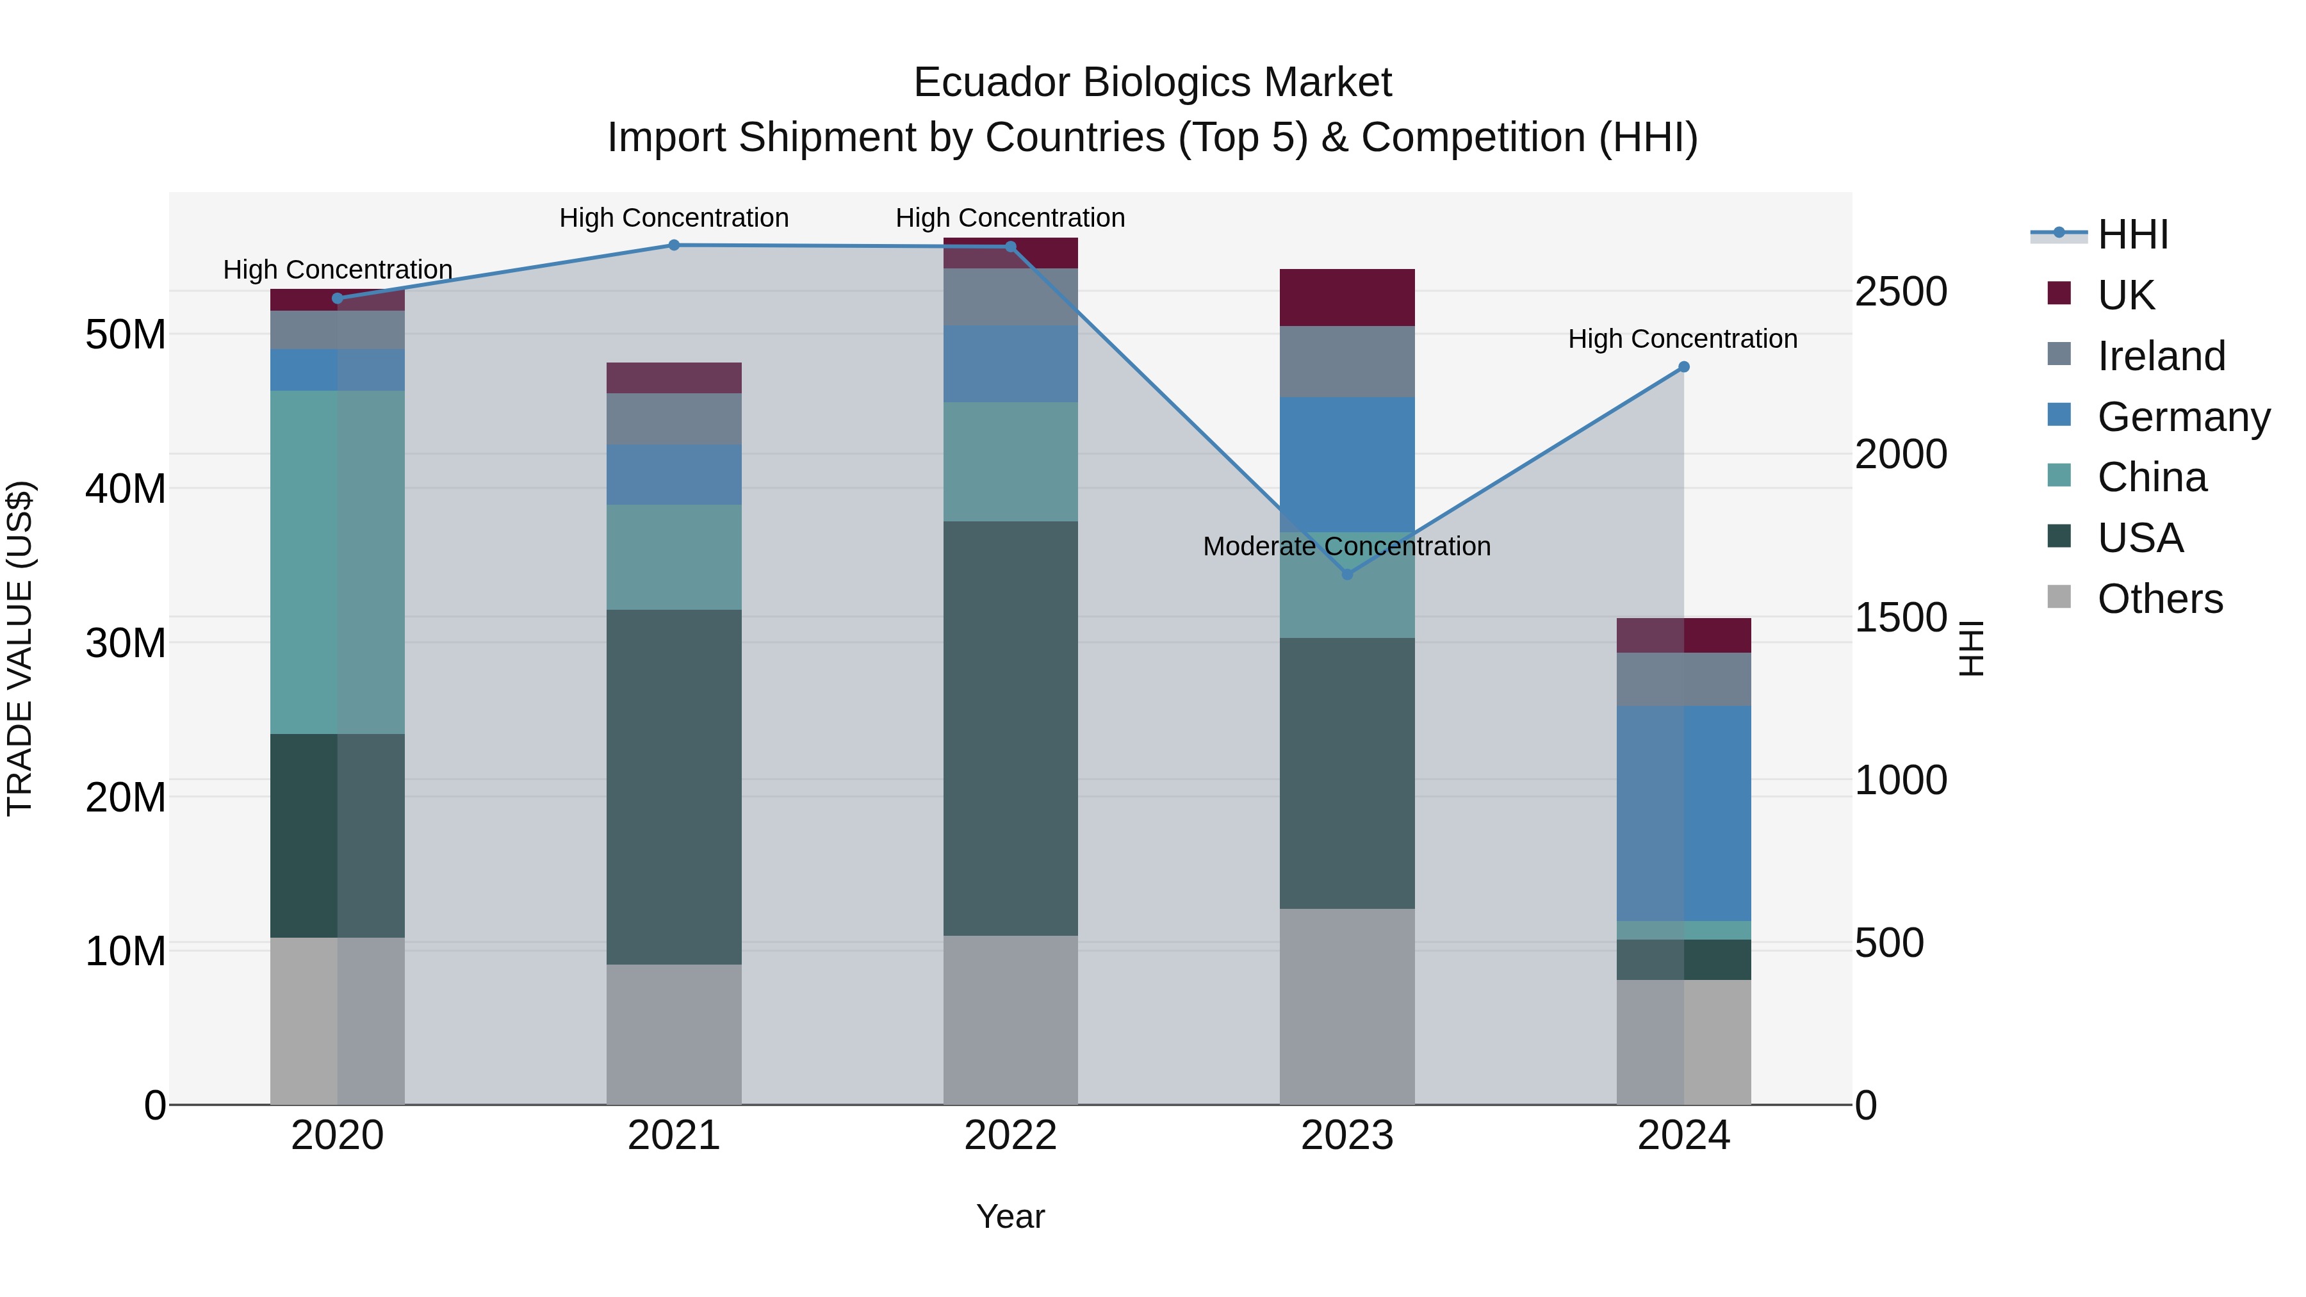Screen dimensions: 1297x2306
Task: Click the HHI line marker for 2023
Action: [1346, 574]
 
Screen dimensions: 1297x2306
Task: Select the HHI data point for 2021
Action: [674, 245]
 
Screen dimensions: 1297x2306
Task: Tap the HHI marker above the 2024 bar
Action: [1683, 367]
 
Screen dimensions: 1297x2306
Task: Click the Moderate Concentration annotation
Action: [1346, 546]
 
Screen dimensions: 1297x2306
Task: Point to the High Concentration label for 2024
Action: [1682, 339]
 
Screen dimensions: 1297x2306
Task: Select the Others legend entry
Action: [2159, 599]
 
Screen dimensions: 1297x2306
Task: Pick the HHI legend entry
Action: [2132, 234]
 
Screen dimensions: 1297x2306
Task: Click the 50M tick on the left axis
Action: [126, 335]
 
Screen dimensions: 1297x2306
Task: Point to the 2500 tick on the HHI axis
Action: [1901, 292]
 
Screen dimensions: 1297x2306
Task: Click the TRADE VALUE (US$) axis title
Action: [20, 648]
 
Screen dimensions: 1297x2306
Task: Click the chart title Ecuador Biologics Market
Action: [1152, 83]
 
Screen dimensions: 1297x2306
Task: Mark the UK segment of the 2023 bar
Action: [1346, 297]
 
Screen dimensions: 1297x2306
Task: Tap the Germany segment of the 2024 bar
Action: [1683, 813]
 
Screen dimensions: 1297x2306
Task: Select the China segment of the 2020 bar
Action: [338, 562]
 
